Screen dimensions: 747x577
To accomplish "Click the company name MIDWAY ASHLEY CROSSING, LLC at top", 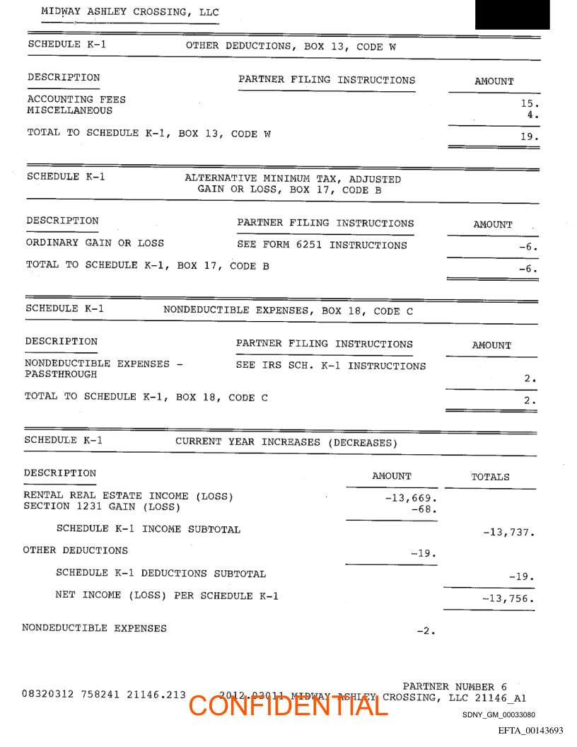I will coord(130,12).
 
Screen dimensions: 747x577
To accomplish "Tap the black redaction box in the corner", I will coord(512,14).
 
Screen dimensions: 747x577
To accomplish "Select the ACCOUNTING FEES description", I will coord(76,100).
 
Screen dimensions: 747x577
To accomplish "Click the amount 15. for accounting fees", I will coord(530,103).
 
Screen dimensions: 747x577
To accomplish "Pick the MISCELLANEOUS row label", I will coord(69,110).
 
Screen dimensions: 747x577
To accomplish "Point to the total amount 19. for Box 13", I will coord(530,137).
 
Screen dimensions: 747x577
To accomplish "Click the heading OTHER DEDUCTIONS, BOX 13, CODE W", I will coord(291,47).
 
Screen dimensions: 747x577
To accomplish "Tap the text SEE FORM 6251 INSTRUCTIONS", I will coord(322,245).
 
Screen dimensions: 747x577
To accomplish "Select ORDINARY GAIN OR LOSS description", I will coord(95,243).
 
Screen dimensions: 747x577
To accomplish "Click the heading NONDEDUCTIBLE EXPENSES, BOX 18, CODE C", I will coord(288,311).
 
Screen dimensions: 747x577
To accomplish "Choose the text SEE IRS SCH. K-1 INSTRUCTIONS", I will coord(331,366).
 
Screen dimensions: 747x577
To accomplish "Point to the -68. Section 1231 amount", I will coord(424,509).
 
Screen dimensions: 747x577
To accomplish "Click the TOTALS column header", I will coord(490,477).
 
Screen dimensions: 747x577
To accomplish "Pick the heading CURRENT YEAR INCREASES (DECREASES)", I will coord(286,442).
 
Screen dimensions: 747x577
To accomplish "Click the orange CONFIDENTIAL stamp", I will coord(288,705).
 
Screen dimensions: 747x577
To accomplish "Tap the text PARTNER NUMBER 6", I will coord(455,686).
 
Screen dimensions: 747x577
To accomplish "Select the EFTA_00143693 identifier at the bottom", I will coord(530,730).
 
